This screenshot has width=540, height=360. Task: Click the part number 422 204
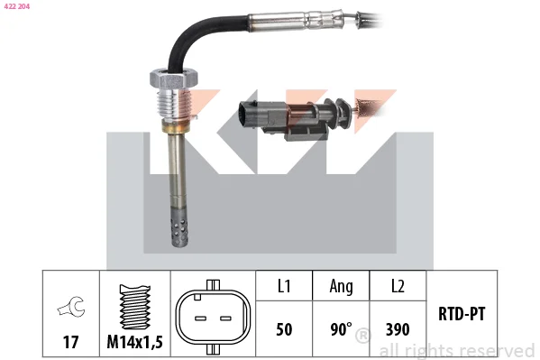[x=17, y=6]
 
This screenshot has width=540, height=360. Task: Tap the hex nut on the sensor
[x=174, y=78]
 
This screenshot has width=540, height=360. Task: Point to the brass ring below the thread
[x=174, y=125]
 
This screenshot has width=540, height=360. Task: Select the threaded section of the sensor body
[x=174, y=105]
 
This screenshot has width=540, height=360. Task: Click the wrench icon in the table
[x=71, y=306]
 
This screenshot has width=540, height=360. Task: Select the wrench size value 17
[x=70, y=342]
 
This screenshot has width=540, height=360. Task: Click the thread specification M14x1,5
[x=134, y=342]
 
